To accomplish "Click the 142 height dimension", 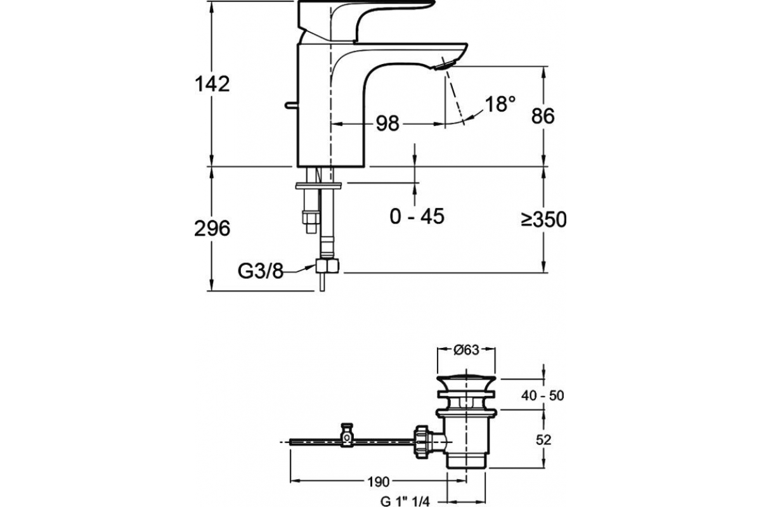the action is tap(212, 84).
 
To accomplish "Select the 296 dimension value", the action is tap(212, 228).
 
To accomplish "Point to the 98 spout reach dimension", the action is tap(387, 124).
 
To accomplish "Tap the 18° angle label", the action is tap(500, 104).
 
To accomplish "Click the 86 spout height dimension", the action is tap(543, 116).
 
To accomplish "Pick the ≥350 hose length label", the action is tap(544, 219).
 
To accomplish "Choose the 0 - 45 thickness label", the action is tap(417, 216).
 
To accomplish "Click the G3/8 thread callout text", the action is tap(260, 271).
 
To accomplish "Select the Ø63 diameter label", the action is tap(466, 350).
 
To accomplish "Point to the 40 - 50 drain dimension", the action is tap(543, 395).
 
